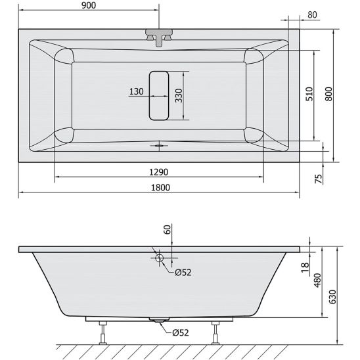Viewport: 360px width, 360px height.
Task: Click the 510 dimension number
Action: tap(310, 94)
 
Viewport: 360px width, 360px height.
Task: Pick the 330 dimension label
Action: tap(178, 95)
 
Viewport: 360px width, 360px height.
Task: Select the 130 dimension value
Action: tap(136, 92)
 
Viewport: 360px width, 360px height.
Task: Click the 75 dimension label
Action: tap(319, 179)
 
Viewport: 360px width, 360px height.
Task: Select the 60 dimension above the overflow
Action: tap(168, 230)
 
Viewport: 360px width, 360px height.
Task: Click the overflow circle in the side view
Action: tap(158, 258)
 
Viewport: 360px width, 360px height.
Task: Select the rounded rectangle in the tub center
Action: tap(158, 95)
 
